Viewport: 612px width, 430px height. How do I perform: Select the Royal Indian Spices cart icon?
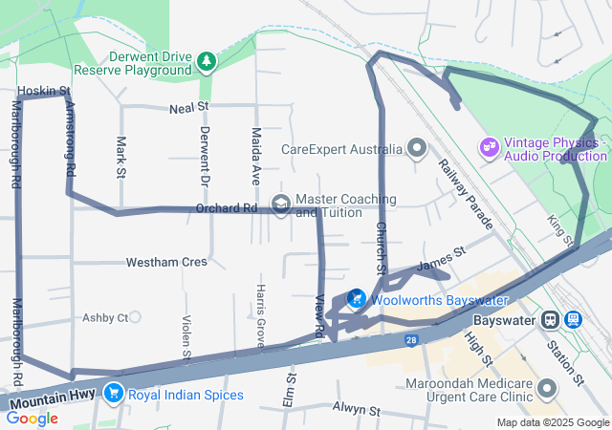point(114,393)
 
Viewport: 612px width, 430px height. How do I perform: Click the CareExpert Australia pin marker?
point(417,148)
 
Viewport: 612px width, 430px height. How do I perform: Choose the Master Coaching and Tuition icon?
point(281,204)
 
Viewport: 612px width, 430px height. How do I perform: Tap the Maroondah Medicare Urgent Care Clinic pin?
point(548,388)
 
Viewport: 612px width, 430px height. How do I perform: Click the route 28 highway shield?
point(410,339)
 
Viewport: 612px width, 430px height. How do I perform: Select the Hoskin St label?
point(43,92)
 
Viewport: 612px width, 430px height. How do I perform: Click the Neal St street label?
point(189,109)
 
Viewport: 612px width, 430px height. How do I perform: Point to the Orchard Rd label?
point(227,207)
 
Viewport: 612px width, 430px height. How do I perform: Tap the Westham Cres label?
point(166,262)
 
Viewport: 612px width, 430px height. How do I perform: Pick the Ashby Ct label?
point(105,317)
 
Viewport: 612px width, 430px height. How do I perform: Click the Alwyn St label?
point(357,411)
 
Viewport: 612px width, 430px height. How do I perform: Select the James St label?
point(441,258)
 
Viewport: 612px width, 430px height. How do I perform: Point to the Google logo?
point(32,418)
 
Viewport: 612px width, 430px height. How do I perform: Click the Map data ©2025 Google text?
point(552,422)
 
